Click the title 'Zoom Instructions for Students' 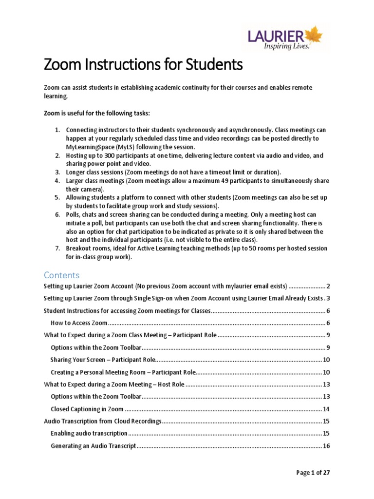[x=143, y=65]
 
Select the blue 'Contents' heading [x=61, y=275]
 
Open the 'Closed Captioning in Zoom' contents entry [x=87, y=409]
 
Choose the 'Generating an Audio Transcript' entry [x=93, y=446]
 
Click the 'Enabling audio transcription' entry [x=89, y=433]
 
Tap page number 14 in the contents [x=326, y=409]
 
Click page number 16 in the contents [x=326, y=446]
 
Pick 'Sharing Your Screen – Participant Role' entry [x=103, y=360]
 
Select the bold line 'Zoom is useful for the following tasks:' [x=97, y=113]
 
